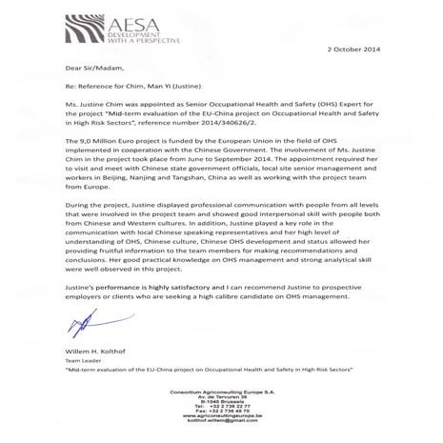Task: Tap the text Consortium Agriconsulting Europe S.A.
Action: coord(221,394)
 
